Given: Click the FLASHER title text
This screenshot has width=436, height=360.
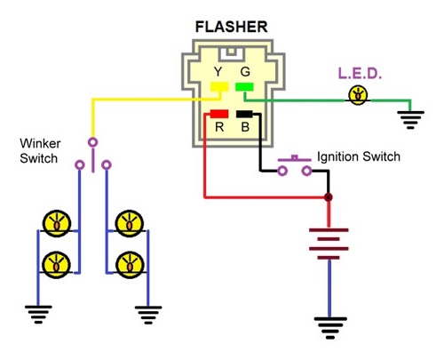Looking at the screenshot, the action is click(x=231, y=27).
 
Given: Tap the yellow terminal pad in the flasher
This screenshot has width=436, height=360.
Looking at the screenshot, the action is click(x=219, y=87).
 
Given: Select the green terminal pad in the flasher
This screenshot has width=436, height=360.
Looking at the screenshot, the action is click(x=244, y=87).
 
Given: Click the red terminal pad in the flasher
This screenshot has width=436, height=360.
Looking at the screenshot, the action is click(x=219, y=114).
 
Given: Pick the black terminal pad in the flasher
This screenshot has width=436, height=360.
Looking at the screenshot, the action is click(x=244, y=114).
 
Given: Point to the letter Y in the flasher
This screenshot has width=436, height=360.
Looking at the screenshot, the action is click(x=218, y=72).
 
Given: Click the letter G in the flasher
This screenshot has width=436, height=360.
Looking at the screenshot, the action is click(x=245, y=72).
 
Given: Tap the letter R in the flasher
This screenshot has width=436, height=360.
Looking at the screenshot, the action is click(x=219, y=127).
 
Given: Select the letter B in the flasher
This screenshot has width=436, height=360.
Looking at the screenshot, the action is click(x=245, y=127).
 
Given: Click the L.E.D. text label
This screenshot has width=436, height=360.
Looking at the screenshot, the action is click(x=360, y=74).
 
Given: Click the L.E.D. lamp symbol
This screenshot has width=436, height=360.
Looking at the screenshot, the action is click(x=358, y=95).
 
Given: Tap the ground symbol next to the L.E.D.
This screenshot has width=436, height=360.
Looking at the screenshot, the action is click(x=410, y=120).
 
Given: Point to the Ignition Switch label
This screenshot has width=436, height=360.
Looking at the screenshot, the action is click(x=359, y=156).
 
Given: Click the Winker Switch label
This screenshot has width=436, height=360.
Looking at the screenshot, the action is click(x=40, y=151).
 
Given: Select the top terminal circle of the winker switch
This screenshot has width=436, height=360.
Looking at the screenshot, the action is click(x=93, y=142).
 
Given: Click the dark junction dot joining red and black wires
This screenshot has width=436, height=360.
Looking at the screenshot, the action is click(x=328, y=197).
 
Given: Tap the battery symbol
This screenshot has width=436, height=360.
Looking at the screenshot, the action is click(x=329, y=244).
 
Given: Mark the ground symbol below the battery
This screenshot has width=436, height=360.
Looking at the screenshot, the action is click(x=330, y=328).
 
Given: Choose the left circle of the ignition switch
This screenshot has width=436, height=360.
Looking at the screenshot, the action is click(x=282, y=171).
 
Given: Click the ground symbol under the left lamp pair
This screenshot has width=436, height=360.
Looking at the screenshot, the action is click(x=38, y=314).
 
